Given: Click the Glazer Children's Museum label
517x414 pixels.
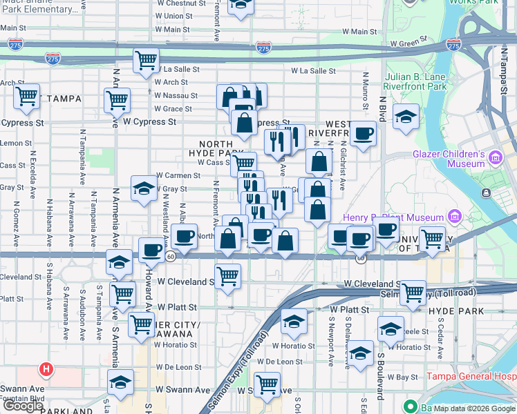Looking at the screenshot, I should pos(449,159).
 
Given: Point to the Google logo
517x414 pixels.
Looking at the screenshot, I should pos(22,406).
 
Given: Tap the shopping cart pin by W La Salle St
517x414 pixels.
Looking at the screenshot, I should pos(146,61).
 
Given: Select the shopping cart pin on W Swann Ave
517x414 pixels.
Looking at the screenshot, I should pos(267,385).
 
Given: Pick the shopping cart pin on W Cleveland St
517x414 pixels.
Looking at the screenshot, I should pos(227,277).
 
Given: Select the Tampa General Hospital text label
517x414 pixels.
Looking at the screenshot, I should pos(471,377).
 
